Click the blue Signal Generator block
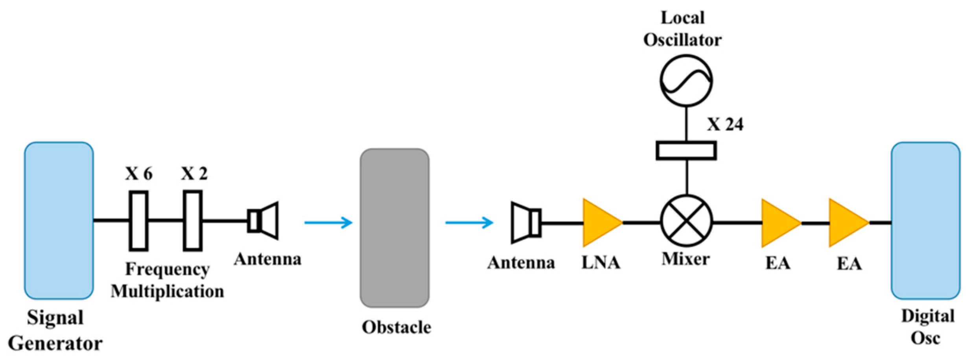[59, 220]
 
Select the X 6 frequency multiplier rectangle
[138, 221]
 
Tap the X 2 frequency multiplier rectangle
[193, 221]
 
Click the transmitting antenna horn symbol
[264, 221]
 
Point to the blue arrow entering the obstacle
[328, 223]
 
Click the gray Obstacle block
[394, 228]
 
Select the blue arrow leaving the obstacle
[469, 223]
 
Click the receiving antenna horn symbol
[526, 223]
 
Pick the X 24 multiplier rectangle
[686, 151]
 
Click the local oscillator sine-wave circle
[686, 81]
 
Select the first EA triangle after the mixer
[779, 223]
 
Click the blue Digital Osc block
[926, 220]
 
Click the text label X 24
[725, 125]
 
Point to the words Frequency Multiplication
[168, 281]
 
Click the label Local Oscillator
[682, 29]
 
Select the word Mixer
[686, 259]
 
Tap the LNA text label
[601, 263]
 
